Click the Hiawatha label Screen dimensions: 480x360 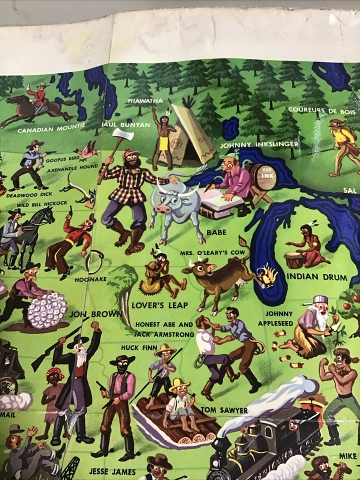pos(145,100)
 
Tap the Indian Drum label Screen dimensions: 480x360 pos(309,276)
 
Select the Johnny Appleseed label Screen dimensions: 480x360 pos(275,318)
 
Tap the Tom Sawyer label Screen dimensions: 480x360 pos(223,410)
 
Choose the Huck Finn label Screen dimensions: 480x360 pos(139,347)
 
